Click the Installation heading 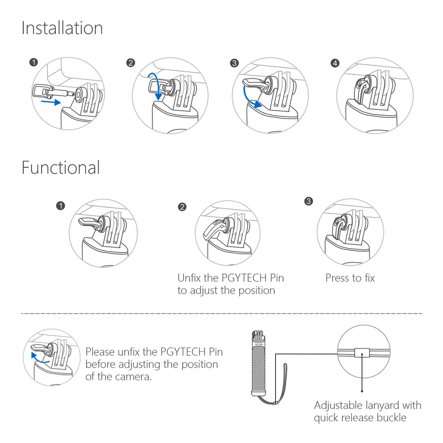(62, 28)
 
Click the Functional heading (61, 168)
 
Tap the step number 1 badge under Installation (33, 63)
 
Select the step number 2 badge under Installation (130, 63)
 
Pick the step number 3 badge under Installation (234, 63)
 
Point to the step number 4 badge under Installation (335, 63)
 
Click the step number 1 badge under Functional (61, 205)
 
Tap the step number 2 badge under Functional (182, 207)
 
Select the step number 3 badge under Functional (309, 201)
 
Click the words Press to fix (350, 278)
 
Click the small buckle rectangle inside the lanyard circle (362, 353)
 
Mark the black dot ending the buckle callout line (362, 391)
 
